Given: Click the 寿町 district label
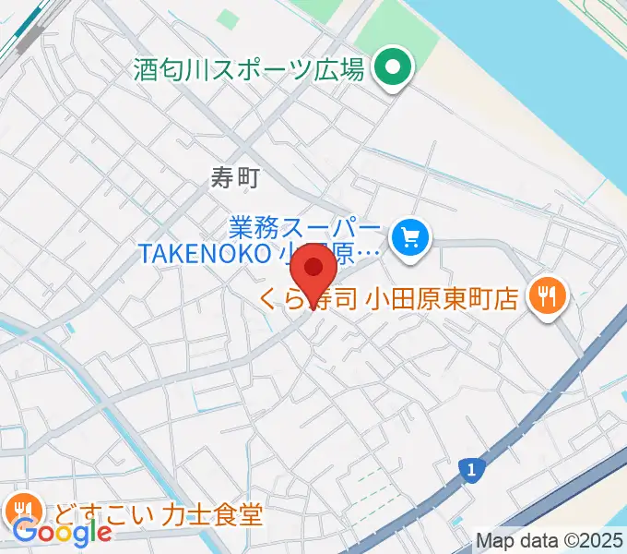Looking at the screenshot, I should click(x=236, y=178).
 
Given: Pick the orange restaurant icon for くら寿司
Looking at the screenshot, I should click(x=549, y=295).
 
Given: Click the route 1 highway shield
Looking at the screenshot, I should click(x=471, y=471).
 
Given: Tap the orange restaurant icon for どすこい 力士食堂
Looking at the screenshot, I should click(x=23, y=509).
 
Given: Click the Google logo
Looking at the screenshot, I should click(x=62, y=532).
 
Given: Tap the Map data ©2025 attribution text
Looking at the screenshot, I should click(x=550, y=540).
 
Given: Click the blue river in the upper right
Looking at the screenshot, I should click(x=553, y=55).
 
